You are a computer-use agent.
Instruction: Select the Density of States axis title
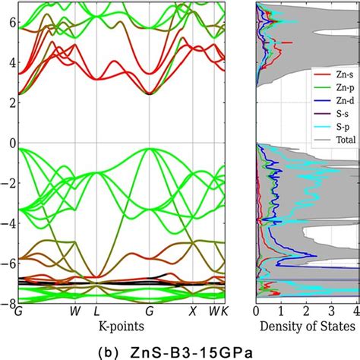pos(307,326)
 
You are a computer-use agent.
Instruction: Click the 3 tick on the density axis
pos(331,312)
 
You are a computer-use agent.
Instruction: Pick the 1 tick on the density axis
pos(281,312)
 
